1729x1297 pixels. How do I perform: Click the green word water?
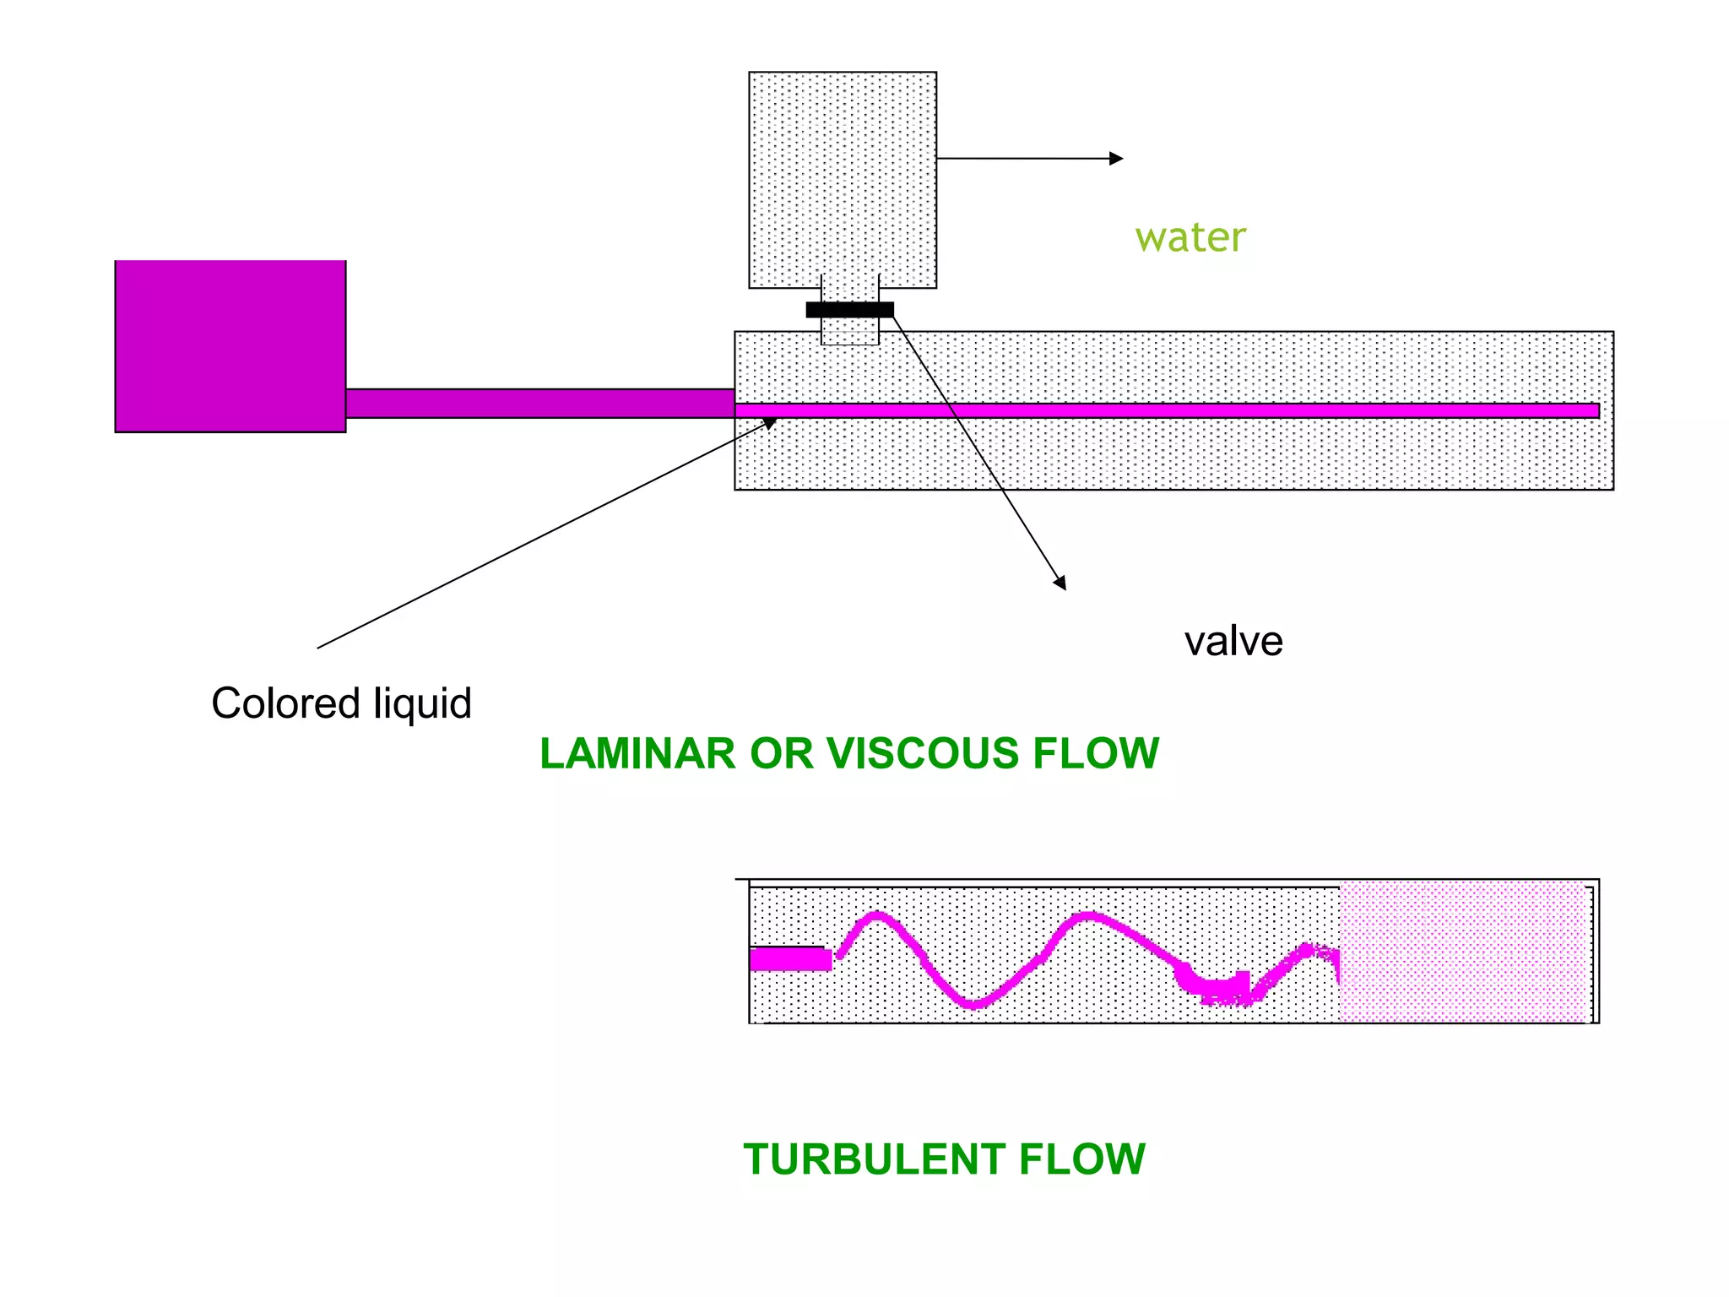coord(1190,237)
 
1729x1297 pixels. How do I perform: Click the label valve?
coord(1233,641)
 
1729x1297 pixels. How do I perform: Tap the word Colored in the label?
coord(285,703)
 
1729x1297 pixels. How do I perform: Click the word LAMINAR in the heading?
coord(637,753)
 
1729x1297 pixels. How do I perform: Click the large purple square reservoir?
coord(230,346)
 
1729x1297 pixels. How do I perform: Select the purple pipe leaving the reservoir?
coord(540,403)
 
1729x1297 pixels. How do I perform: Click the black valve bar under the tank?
coord(849,310)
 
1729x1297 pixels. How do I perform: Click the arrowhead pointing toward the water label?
coord(1117,159)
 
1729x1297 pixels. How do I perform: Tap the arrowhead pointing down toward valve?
coord(1061,583)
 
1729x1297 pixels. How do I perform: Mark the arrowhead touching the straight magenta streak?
coord(770,422)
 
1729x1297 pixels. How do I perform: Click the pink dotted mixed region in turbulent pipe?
coord(1464,952)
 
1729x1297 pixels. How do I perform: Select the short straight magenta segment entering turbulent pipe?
coord(789,959)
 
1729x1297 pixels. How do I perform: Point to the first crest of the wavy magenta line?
coord(876,916)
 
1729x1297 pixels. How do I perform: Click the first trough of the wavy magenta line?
coord(973,1003)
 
